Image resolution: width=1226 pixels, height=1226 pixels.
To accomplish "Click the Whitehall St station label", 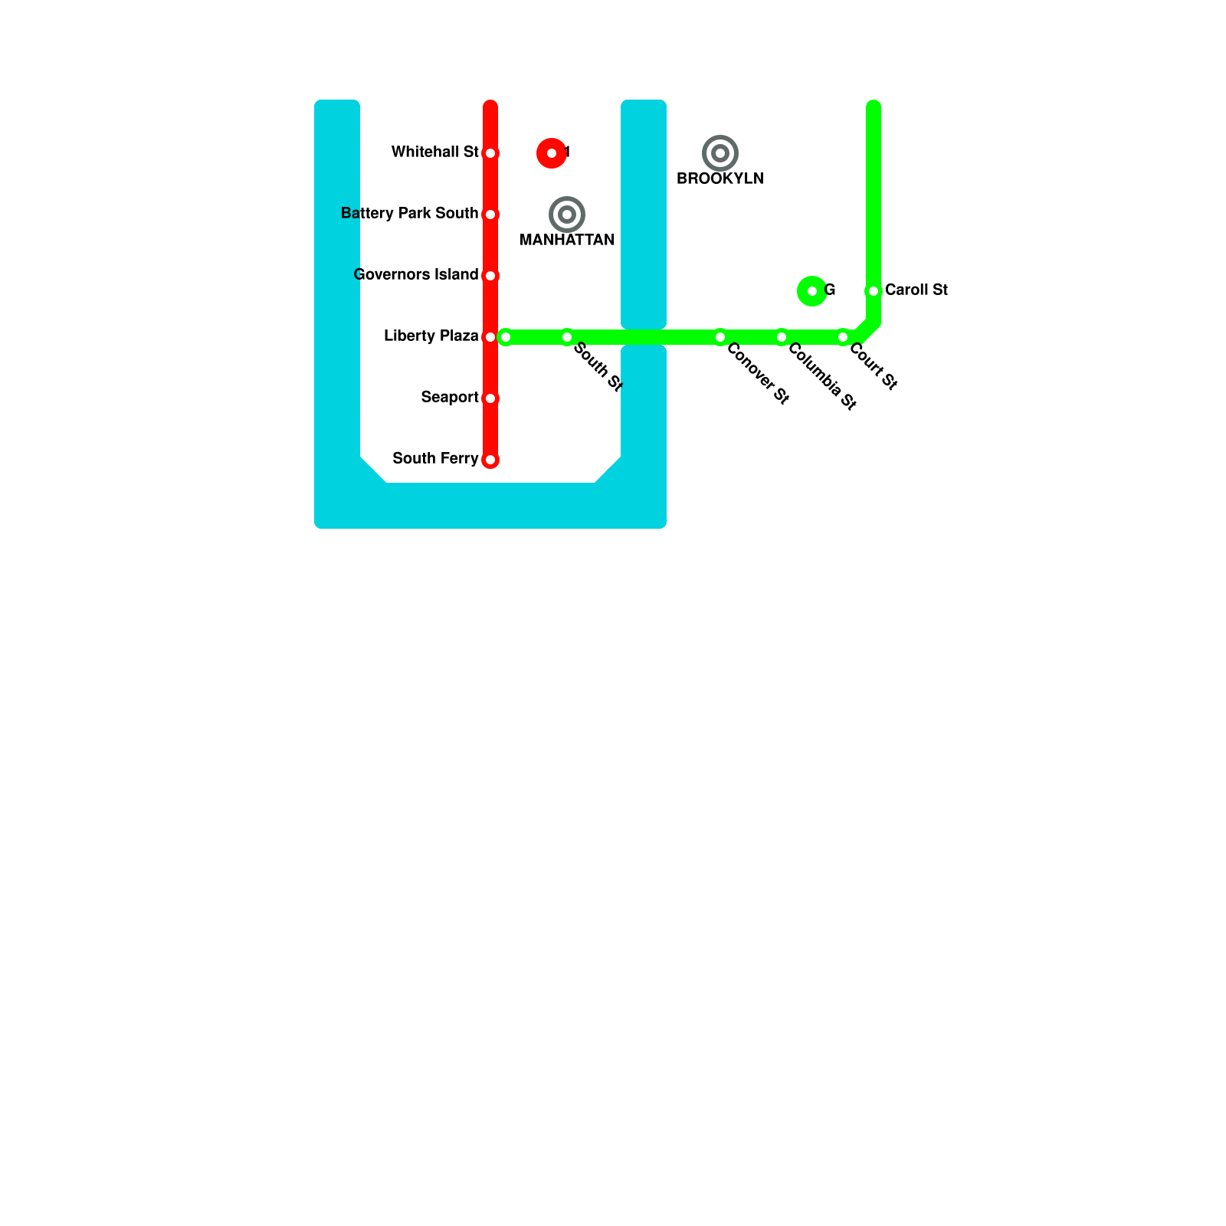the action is [434, 152].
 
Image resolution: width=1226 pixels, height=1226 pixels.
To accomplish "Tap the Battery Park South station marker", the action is [490, 215].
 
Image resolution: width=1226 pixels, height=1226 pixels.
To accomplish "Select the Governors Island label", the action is [416, 274].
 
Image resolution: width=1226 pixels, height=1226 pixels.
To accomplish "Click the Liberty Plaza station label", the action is [431, 336].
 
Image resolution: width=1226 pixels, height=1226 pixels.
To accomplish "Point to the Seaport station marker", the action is [490, 398].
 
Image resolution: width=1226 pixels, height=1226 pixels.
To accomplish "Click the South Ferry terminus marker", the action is [490, 460].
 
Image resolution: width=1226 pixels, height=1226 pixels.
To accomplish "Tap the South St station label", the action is [598, 367].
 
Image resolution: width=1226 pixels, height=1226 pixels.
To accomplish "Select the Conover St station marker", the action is [720, 337].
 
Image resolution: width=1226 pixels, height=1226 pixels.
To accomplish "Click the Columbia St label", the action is [821, 376].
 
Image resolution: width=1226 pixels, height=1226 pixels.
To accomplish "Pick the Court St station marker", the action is [843, 337].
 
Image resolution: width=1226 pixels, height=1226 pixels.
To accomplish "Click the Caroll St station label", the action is [916, 290].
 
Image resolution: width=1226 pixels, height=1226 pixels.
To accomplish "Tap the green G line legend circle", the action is [812, 291].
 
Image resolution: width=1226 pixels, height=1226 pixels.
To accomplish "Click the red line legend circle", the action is [552, 153].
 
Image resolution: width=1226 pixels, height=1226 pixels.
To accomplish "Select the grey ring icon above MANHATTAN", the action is [567, 215].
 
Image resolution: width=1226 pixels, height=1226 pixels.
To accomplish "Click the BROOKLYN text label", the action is [720, 179].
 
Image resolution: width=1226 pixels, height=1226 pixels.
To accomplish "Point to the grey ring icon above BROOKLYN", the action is [720, 153].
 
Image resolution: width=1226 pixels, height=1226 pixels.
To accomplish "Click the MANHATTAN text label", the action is [567, 240].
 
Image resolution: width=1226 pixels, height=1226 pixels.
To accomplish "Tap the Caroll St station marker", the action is [874, 291].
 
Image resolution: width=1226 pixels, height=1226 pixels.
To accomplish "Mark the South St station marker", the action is [567, 337].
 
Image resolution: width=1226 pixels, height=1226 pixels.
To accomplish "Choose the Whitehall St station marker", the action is [490, 153].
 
